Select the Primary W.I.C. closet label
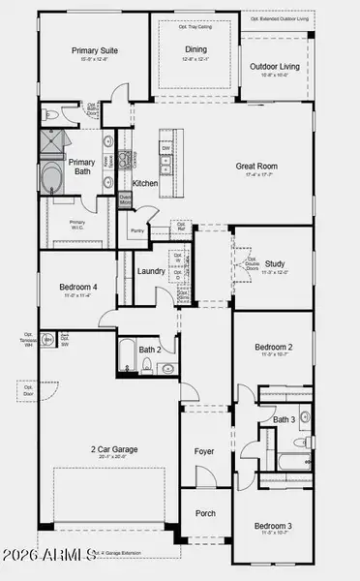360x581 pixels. pos(78,224)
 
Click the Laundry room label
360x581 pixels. pos(151,272)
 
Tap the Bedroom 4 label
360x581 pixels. pos(69,288)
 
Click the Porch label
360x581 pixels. pos(205,513)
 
